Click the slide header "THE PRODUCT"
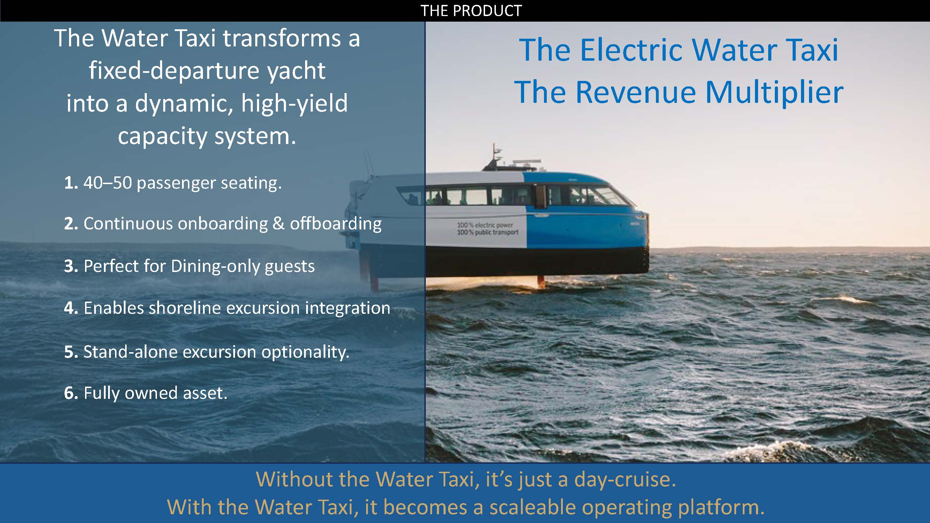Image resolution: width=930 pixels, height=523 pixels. click(471, 11)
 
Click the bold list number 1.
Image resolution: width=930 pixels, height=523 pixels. click(71, 183)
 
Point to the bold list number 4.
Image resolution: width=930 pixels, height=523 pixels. click(71, 308)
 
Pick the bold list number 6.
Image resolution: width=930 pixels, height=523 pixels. click(71, 393)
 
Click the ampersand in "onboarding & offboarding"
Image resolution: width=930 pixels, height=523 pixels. click(278, 224)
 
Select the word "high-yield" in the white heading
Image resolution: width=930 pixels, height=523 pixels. click(294, 104)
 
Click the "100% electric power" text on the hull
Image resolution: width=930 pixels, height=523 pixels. click(485, 225)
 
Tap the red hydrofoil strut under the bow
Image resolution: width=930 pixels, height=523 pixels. click(541, 281)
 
